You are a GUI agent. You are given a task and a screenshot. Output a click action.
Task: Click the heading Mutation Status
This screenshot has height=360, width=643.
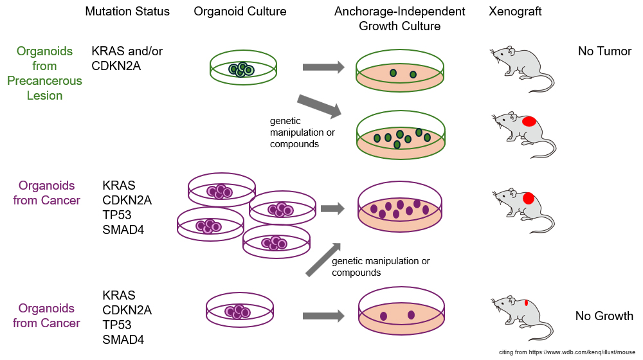(x=127, y=12)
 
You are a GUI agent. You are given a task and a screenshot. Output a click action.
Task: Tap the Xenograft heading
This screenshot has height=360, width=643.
(x=516, y=12)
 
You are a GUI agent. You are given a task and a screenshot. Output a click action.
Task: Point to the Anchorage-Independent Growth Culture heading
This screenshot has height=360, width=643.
(x=399, y=19)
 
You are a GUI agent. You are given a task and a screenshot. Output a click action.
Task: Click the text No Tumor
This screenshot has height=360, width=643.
(x=604, y=51)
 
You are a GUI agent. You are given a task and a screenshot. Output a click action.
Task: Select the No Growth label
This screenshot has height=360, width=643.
(x=604, y=316)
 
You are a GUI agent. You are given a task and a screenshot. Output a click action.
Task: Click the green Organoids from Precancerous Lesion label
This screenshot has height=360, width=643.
(x=44, y=73)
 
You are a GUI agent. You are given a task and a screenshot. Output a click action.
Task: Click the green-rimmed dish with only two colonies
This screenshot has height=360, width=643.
(x=399, y=72)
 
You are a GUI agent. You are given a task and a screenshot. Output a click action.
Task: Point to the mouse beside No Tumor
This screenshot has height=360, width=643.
(x=521, y=69)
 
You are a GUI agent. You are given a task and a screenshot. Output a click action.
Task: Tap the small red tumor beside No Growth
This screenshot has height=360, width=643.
(x=527, y=302)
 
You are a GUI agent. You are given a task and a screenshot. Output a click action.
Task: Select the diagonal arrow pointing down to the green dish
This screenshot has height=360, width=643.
(x=319, y=106)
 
